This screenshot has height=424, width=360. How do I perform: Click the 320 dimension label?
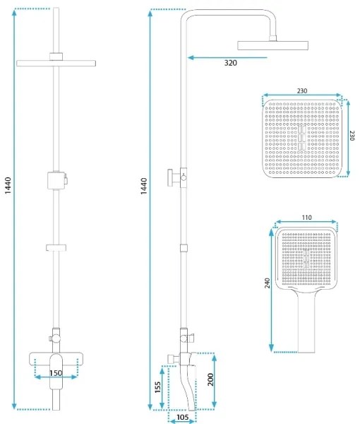click(231, 64)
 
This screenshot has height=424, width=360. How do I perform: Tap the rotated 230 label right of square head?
click(352, 135)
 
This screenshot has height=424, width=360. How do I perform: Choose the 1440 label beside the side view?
click(143, 188)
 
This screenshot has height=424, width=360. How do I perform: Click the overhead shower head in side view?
click(273, 46)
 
